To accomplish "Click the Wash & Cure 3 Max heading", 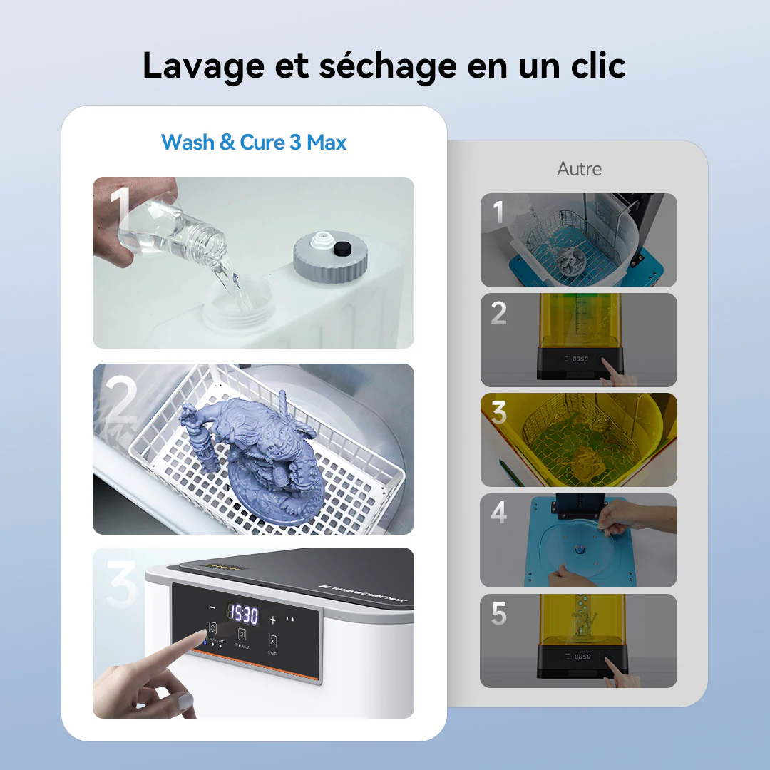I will pos(254,142).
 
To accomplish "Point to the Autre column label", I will pos(579,169).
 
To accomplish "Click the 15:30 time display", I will pos(242,612).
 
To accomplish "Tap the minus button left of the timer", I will pos(212,608).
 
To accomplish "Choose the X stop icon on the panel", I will pos(272,640).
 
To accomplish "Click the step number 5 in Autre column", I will pos(499,614).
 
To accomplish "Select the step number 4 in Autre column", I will pos(499,513).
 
